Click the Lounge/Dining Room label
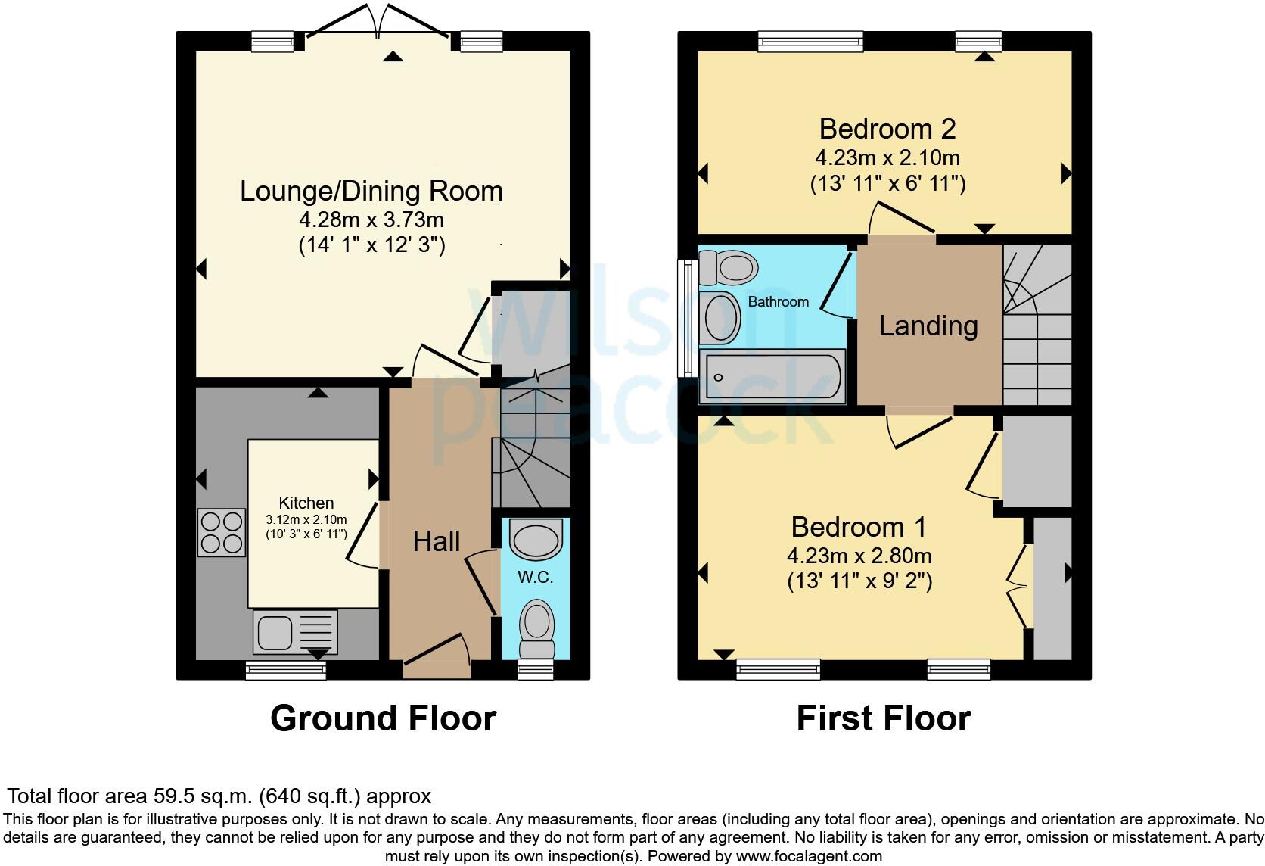point(371,191)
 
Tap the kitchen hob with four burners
point(221,532)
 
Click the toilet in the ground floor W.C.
point(537,628)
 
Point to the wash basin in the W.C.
point(536,540)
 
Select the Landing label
point(928,326)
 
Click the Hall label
point(437,541)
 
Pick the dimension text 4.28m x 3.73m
point(371,220)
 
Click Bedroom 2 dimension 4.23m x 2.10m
point(887,158)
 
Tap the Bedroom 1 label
point(858,527)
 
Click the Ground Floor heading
point(383,718)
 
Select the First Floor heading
point(883,718)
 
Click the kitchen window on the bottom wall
point(286,670)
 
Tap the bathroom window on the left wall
point(687,318)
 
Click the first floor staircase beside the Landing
point(1037,326)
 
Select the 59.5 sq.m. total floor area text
point(219,796)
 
